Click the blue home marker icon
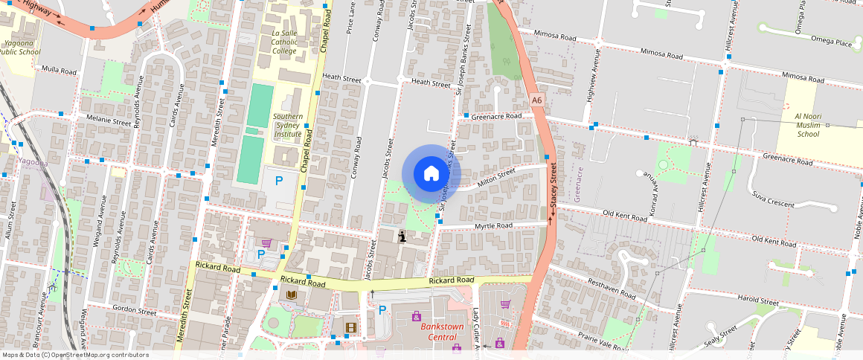point(431,174)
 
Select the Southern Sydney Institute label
point(287,126)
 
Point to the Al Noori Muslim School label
point(808,125)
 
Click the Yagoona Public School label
point(20,48)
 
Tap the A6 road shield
point(537,100)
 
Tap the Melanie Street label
point(109,121)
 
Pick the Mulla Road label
point(60,71)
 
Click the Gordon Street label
point(134,311)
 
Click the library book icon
point(292,295)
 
